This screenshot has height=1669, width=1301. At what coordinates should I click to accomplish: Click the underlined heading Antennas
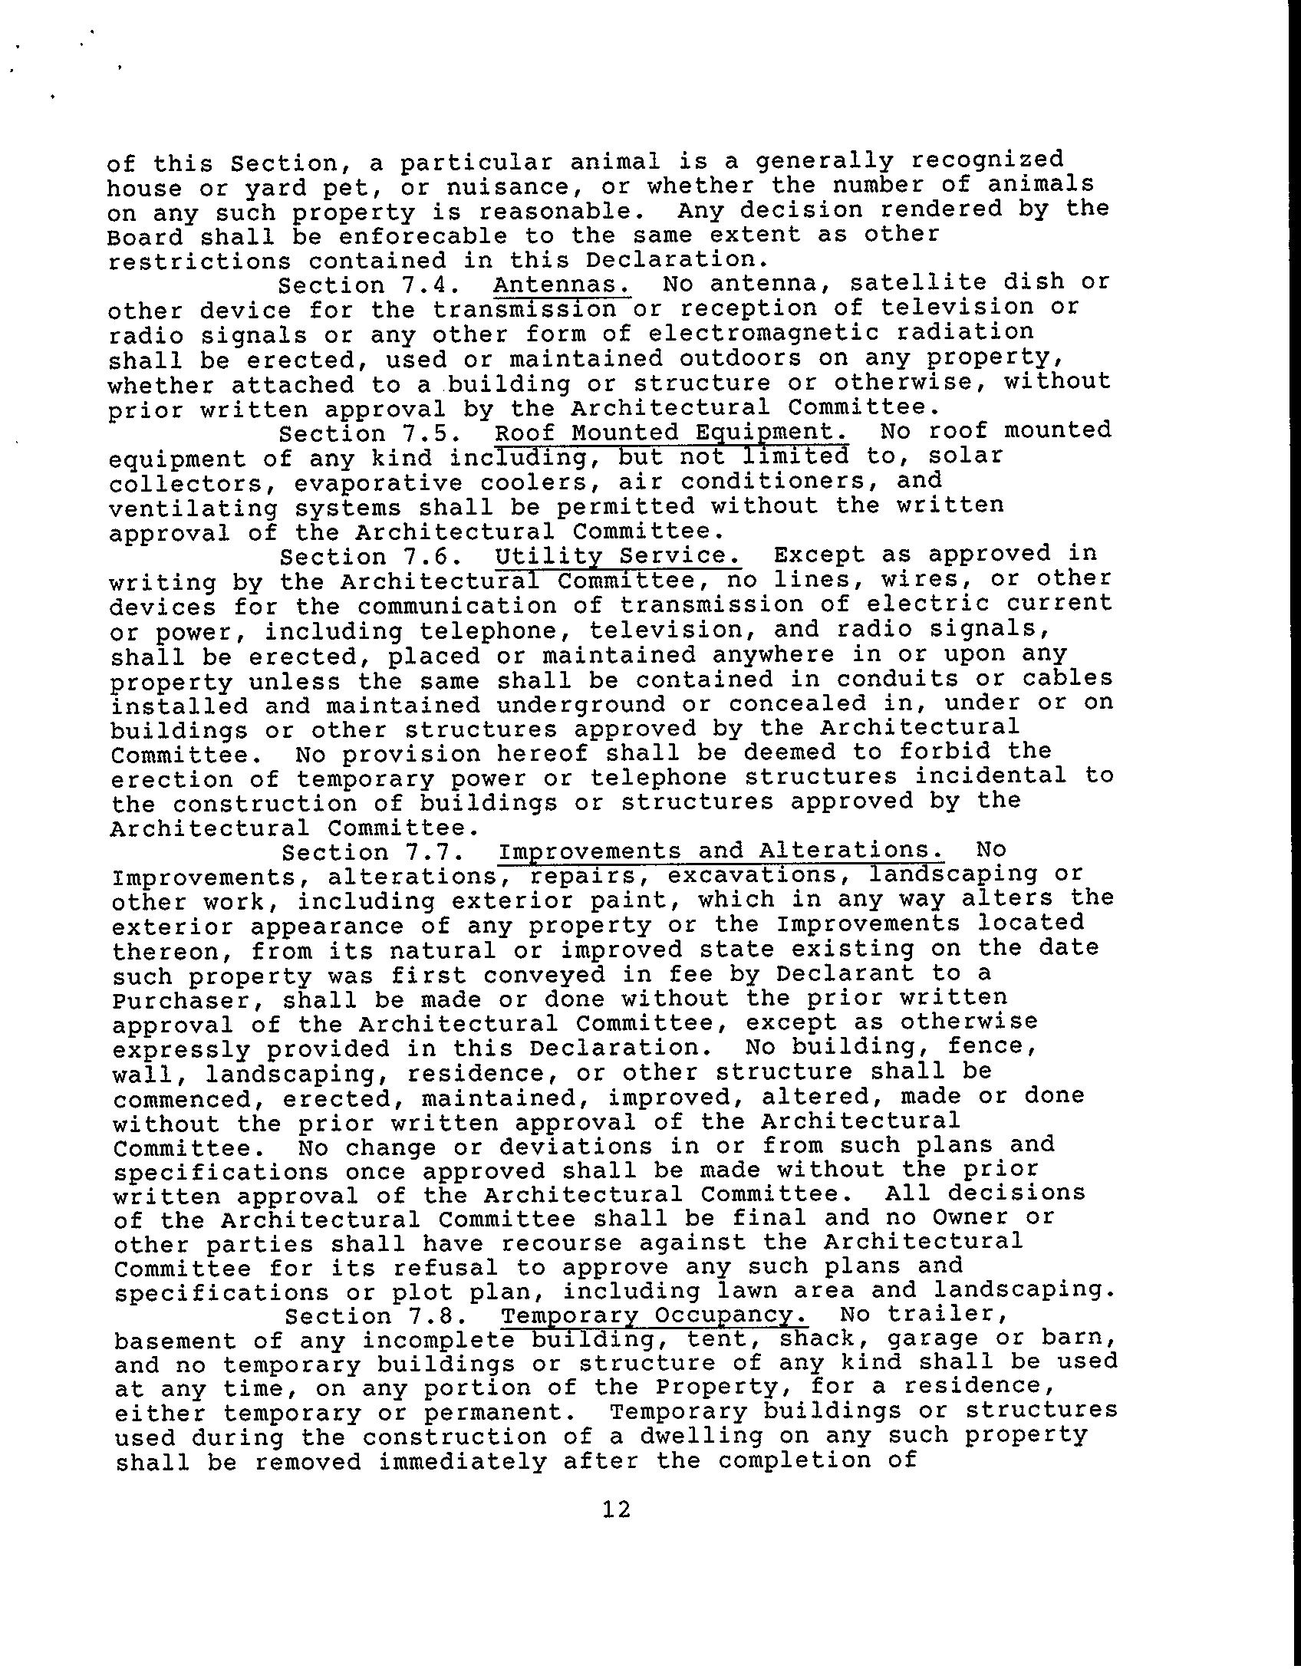point(562,285)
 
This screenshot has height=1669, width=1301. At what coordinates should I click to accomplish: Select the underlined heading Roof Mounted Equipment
point(671,433)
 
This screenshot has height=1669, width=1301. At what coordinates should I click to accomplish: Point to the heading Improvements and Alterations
point(720,851)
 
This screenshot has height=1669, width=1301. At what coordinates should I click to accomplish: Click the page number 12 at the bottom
point(617,1509)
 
